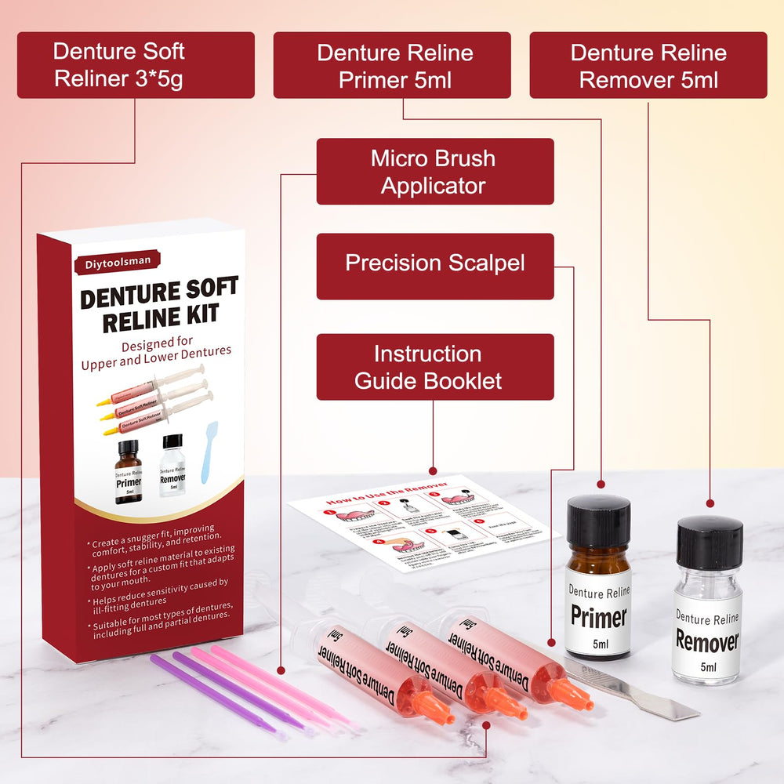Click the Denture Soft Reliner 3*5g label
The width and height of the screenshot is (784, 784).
coord(136,65)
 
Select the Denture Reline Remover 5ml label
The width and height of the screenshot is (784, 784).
coord(648,65)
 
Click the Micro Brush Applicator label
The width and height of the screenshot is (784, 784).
coord(435,172)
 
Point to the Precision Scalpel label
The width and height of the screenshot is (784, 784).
coord(435,263)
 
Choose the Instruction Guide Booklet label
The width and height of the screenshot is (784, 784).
coord(435,367)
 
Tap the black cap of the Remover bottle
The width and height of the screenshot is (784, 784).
coord(710,542)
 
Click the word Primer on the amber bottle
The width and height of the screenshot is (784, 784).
coord(598,616)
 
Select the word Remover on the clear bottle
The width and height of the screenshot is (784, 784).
coord(707,641)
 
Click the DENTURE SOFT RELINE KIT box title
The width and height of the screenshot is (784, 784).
coord(159,305)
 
